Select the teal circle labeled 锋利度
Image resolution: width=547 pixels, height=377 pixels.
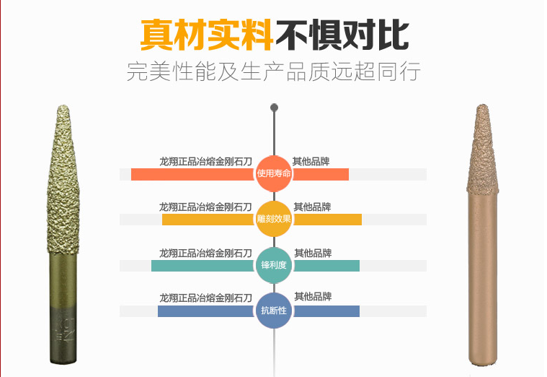click(274, 265)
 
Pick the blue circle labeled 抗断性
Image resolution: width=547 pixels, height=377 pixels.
click(274, 311)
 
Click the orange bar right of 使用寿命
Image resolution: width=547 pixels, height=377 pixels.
click(321, 174)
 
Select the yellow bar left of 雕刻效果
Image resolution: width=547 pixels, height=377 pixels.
click(208, 220)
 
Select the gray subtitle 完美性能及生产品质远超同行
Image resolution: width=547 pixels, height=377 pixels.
click(273, 73)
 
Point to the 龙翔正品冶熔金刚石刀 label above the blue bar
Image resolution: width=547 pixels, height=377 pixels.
click(205, 298)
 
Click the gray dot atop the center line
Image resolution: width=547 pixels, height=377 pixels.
click(274, 108)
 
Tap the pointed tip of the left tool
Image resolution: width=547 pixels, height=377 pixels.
click(62, 110)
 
